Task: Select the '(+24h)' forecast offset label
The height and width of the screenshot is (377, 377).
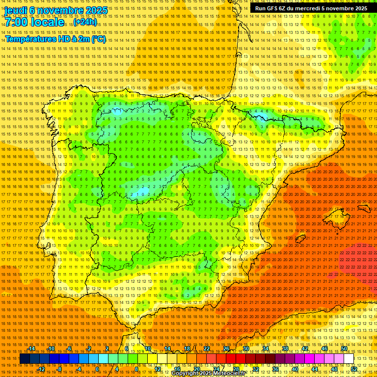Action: [85, 23]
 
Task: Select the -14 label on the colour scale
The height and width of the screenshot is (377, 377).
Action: [31, 349]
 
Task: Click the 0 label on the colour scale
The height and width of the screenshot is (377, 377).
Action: [97, 369]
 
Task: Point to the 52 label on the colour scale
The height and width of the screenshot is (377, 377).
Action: [354, 369]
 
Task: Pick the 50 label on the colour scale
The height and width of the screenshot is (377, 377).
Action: [344, 349]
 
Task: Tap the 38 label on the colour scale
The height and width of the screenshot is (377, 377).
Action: [285, 349]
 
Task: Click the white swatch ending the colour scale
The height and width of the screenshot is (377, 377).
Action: [349, 359]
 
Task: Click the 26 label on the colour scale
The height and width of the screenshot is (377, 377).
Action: [226, 349]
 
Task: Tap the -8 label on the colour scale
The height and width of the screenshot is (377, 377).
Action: [59, 369]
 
